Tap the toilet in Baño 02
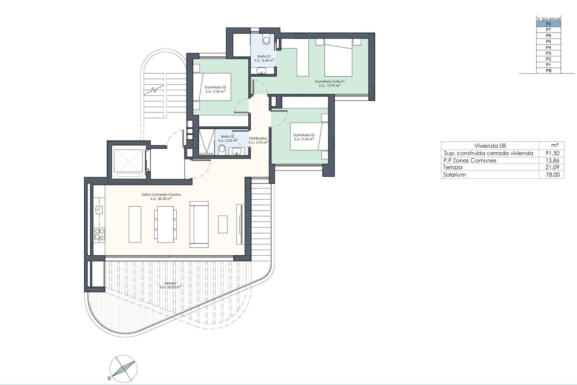[x=222, y=149]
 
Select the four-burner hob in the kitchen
[x=99, y=234]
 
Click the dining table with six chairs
[x=165, y=224]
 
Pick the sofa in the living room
[x=199, y=224]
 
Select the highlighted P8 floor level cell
[x=548, y=24]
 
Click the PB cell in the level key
[x=548, y=71]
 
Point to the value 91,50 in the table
[x=552, y=153]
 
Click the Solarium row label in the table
[x=454, y=175]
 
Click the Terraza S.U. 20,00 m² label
[x=170, y=285]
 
